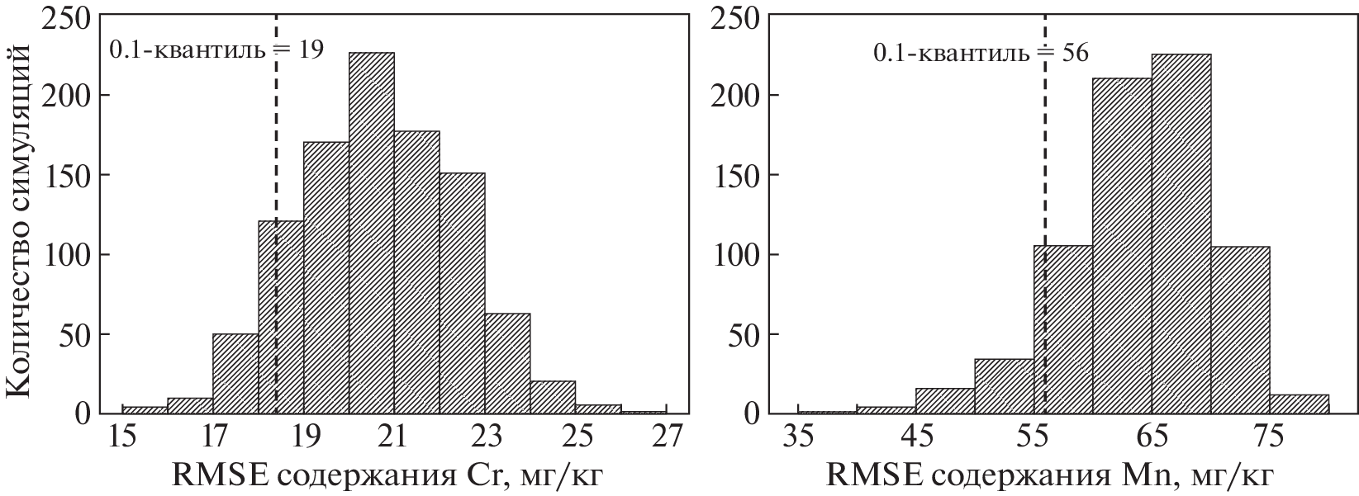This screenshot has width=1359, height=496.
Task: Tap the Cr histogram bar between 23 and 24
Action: pos(508,363)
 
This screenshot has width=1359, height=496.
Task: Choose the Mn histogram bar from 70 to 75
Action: pos(1240,330)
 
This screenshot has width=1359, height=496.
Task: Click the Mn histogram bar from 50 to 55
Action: pos(1004,386)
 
